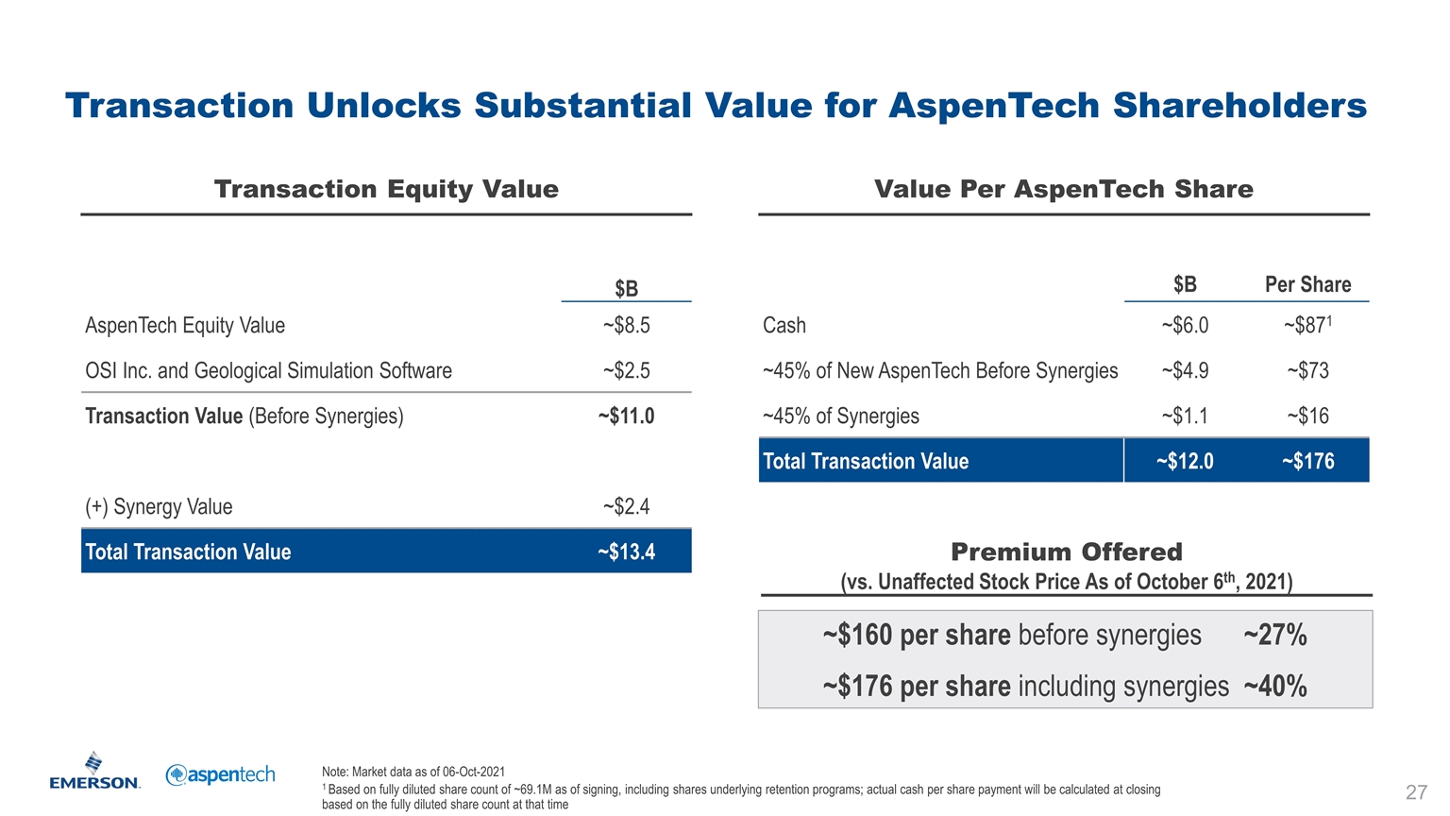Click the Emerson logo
[x=94, y=772]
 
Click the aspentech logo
[x=220, y=774]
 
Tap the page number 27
[x=1416, y=791]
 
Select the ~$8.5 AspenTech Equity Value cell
[x=626, y=326]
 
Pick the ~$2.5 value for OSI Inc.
[x=626, y=371]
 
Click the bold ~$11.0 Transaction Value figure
[x=626, y=416]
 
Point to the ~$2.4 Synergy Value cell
[x=626, y=507]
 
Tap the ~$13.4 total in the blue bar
[x=626, y=552]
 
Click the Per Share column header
[x=1307, y=284]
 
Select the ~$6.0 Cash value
[x=1185, y=326]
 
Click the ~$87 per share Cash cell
[x=1307, y=326]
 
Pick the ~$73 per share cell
[x=1307, y=371]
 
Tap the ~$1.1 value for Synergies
[x=1185, y=416]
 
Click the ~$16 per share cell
[x=1307, y=416]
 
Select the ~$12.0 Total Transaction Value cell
[x=1185, y=462]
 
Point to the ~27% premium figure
[x=1275, y=636]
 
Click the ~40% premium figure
[x=1275, y=687]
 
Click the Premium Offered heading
[x=1066, y=552]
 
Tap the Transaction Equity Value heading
[x=386, y=190]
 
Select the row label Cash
[x=784, y=326]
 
